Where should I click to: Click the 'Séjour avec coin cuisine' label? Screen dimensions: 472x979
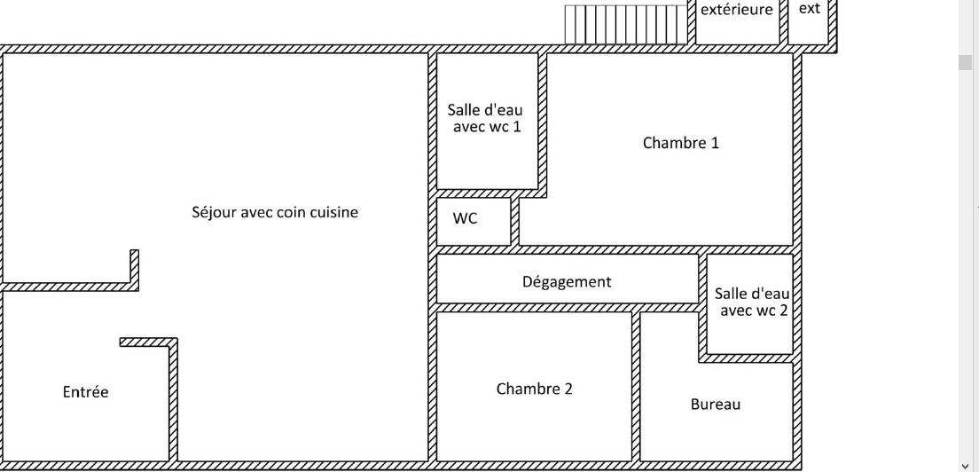(275, 212)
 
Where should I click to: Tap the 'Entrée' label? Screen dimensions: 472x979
(85, 391)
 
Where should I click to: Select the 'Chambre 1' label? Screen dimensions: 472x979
(680, 143)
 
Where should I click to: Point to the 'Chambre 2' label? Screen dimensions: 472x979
(534, 389)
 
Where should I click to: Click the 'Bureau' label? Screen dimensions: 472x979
(715, 404)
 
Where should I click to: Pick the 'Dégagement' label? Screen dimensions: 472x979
(567, 281)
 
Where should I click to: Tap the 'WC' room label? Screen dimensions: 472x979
(465, 218)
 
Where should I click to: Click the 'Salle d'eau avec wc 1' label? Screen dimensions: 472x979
(485, 118)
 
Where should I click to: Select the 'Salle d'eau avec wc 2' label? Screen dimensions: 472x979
(752, 302)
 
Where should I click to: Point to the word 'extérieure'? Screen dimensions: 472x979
(736, 10)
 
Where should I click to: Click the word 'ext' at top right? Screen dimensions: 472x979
(809, 9)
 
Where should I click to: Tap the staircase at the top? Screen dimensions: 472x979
(626, 24)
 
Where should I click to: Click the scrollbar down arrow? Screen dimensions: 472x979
(967, 465)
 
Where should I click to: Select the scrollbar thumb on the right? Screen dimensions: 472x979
(967, 62)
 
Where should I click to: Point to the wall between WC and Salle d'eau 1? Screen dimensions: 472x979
(487, 193)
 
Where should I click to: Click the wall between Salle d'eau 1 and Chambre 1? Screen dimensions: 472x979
(542, 120)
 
